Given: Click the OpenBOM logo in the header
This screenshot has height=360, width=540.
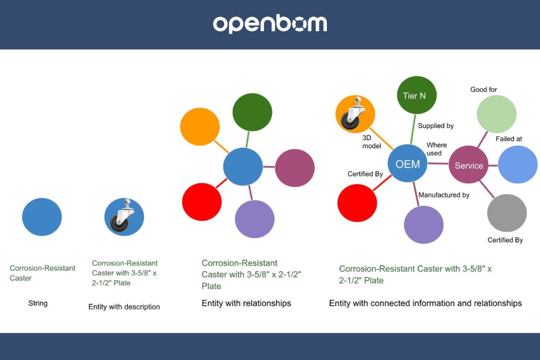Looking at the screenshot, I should click(270, 24).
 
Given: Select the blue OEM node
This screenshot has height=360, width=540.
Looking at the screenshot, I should click(407, 164).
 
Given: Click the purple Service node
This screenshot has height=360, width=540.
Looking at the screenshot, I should click(468, 165).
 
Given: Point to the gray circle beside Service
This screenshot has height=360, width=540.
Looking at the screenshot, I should click(507, 213).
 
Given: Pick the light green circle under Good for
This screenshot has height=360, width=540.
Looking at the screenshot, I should click(497, 114).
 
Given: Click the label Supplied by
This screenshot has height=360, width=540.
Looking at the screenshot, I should click(435, 126).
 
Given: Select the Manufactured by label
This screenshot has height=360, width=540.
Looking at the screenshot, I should click(443, 195).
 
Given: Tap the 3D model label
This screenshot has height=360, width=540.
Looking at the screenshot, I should click(371, 142).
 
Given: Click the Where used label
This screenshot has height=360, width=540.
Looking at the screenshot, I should click(436, 149).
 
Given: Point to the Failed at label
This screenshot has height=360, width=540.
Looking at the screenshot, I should click(508, 139).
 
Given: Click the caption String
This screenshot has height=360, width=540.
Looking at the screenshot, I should click(38, 303).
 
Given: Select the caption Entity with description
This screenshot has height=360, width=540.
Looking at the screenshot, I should click(124, 307).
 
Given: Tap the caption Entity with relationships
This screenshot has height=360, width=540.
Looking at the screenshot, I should click(246, 303).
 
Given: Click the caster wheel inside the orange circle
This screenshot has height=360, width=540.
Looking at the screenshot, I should click(355, 114).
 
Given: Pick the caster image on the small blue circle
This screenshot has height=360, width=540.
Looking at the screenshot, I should click(124, 217).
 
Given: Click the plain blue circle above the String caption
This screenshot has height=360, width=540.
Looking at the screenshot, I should click(42, 217).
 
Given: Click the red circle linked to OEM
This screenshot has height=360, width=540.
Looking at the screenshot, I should click(356, 203).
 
